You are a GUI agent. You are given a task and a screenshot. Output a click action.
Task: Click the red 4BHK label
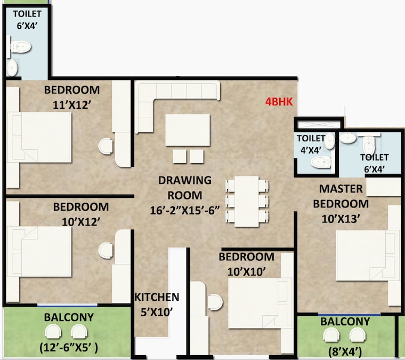pos(279,101)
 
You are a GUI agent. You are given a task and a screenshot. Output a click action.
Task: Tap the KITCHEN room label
pos(156,297)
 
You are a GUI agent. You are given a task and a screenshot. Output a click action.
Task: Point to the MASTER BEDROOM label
pos(341,196)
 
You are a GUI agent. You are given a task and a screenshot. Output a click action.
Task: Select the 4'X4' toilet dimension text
pos(310,150)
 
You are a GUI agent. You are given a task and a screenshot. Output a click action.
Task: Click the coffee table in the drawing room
pos(184,130)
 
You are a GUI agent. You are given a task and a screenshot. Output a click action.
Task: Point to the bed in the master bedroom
pos(368,255)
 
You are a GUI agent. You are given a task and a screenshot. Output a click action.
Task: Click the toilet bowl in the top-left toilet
pos(19,48)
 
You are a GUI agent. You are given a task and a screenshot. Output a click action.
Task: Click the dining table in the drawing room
pos(246,200)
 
